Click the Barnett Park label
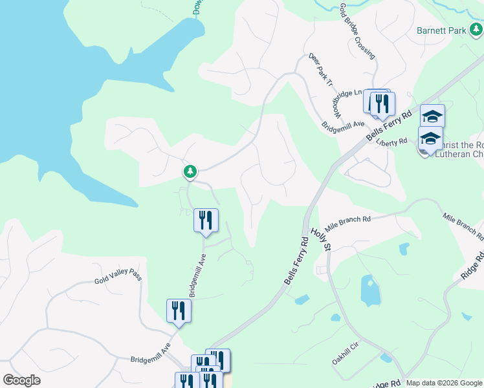[x=441, y=30]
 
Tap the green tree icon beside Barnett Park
[x=476, y=29]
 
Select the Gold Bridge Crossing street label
[x=357, y=31]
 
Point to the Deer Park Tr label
[x=320, y=70]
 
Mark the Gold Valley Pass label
[x=118, y=279]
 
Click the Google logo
[x=21, y=380]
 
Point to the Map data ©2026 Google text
[x=444, y=383]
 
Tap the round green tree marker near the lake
[x=190, y=172]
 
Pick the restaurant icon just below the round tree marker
[x=206, y=221]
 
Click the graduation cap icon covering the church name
[x=430, y=139]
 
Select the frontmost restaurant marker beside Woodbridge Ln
[x=382, y=103]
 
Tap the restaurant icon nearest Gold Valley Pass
[x=179, y=311]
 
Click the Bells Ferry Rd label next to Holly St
[x=296, y=261]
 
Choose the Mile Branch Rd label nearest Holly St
[x=347, y=223]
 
